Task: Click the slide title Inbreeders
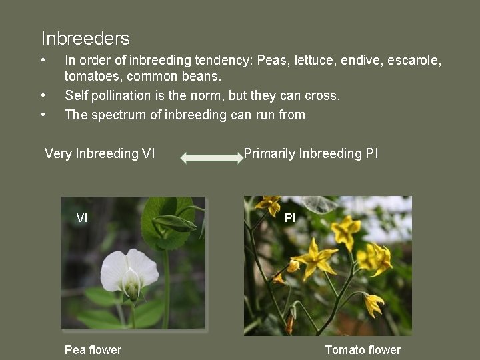tap(85, 39)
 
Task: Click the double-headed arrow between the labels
tap(213, 158)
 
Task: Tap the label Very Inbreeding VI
tap(99, 153)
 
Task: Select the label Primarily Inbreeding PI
tap(311, 153)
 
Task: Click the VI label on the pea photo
tap(82, 217)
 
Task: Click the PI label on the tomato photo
tap(290, 217)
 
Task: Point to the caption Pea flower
tap(93, 350)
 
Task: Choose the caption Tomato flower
tap(363, 350)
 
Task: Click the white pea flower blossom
tap(131, 270)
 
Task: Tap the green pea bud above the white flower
tap(175, 223)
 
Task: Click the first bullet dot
tap(43, 61)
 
